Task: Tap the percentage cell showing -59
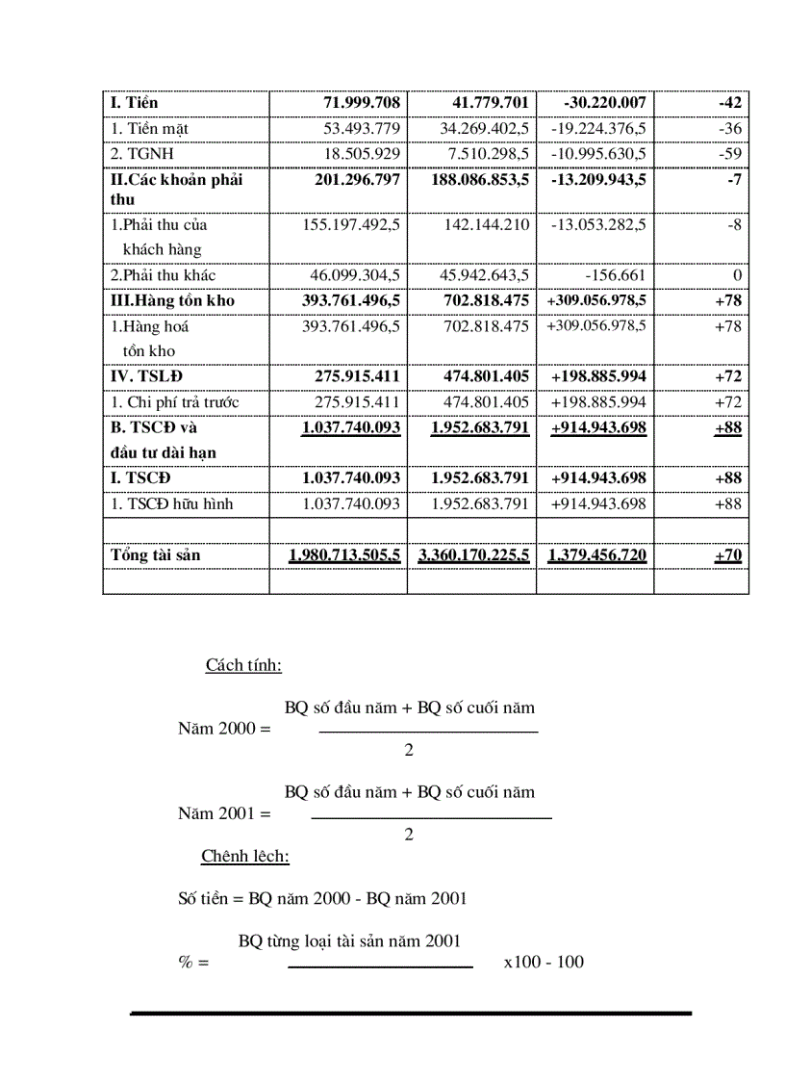coord(732,153)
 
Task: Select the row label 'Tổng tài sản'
coord(155,555)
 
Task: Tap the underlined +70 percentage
coord(727,555)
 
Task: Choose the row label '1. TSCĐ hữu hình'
coord(171,503)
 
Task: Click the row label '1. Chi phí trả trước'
coord(174,402)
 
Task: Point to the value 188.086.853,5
coord(478,179)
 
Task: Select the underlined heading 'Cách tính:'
coord(243,665)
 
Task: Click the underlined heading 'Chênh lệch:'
coord(245,856)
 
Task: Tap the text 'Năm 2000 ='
coord(224,729)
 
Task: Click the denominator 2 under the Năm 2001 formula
coord(409,835)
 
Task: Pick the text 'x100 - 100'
coord(543,962)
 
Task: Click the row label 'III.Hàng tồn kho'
coord(172,300)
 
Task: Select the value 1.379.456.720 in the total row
coord(596,555)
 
